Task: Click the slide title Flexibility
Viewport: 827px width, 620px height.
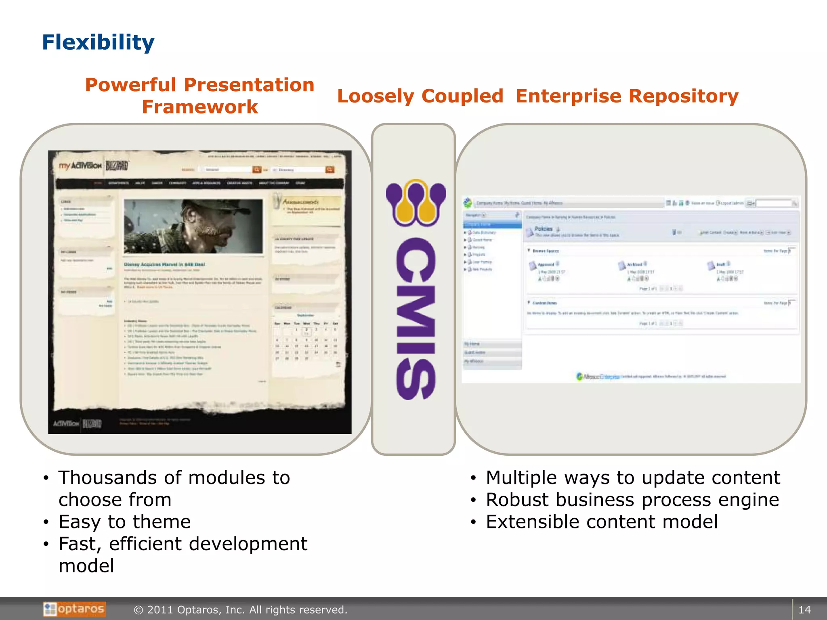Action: click(98, 42)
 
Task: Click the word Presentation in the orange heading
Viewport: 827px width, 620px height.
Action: click(249, 85)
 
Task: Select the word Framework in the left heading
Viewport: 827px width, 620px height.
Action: click(199, 107)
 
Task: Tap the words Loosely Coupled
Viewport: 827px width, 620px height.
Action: click(420, 96)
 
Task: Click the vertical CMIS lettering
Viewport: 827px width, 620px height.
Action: click(416, 319)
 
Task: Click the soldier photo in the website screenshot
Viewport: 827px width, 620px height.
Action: click(193, 226)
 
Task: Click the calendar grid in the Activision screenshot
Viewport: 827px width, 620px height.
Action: click(306, 341)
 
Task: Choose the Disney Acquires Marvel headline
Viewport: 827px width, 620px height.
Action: click(164, 265)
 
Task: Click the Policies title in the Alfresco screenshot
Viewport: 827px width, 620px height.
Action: click(543, 229)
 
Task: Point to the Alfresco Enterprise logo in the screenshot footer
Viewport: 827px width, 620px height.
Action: click(598, 377)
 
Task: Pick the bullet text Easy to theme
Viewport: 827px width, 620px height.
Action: click(124, 522)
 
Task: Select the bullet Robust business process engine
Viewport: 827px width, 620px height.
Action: click(632, 500)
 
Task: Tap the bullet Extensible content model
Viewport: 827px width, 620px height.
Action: click(602, 522)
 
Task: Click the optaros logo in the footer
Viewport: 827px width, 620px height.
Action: click(74, 609)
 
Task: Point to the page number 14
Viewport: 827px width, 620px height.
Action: click(804, 610)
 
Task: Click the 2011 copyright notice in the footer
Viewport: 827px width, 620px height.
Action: click(241, 610)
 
